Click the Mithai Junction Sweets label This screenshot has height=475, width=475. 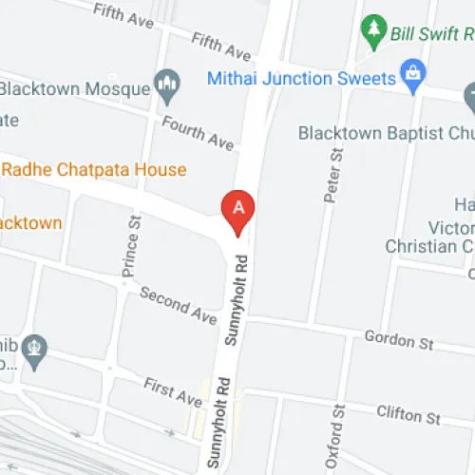pos(300,79)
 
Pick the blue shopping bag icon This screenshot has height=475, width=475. pos(413,73)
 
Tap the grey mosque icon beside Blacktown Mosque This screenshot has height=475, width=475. pos(168,88)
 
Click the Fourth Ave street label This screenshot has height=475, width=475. pos(198,133)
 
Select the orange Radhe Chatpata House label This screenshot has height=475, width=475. pos(93,170)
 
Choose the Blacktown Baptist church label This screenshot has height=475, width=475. pos(386,133)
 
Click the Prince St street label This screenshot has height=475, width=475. pos(131,245)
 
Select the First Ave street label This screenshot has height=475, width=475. pos(173,391)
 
